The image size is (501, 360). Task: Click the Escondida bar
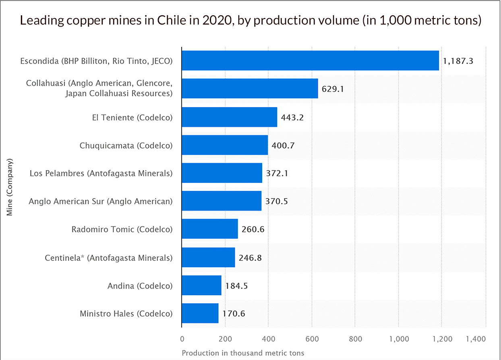[310, 60]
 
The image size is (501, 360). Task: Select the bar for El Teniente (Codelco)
[230, 117]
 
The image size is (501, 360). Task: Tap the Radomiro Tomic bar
[210, 229]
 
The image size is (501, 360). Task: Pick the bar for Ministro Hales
[200, 313]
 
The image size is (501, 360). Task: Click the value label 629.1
[332, 89]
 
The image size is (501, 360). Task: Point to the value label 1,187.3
[458, 61]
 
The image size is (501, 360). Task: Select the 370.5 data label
[276, 201]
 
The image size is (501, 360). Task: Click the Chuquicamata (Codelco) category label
[126, 145]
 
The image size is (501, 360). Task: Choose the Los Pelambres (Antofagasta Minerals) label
[101, 173]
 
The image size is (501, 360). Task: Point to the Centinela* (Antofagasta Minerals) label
[109, 258]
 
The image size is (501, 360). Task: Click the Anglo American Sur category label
[101, 201]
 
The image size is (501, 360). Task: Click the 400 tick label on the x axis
[269, 339]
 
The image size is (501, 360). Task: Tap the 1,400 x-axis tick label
[476, 339]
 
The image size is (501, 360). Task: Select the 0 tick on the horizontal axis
[182, 339]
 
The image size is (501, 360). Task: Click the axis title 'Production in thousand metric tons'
[243, 353]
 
